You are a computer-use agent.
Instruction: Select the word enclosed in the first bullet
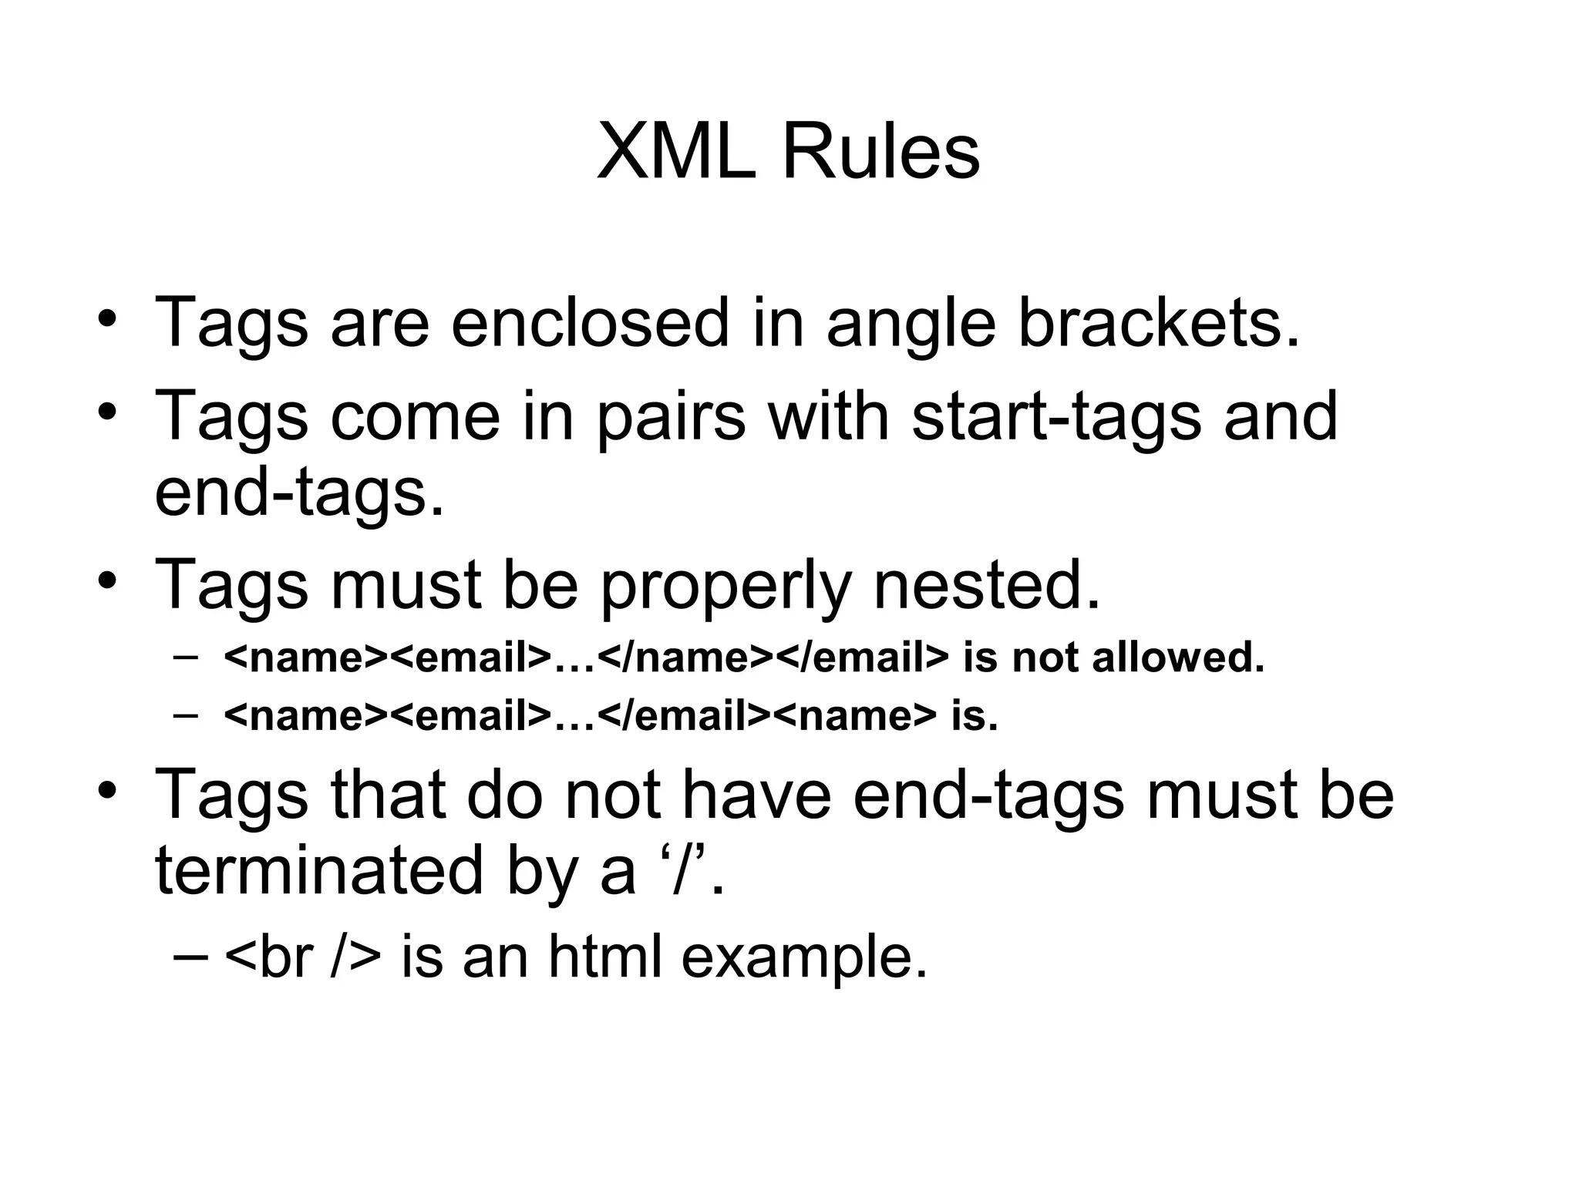590,322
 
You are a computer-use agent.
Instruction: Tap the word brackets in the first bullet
1159,322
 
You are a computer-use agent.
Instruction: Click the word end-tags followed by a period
299,495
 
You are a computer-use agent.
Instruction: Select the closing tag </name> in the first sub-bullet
685,658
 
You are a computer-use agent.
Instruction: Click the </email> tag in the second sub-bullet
684,716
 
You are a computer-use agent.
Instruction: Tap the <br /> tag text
302,957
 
